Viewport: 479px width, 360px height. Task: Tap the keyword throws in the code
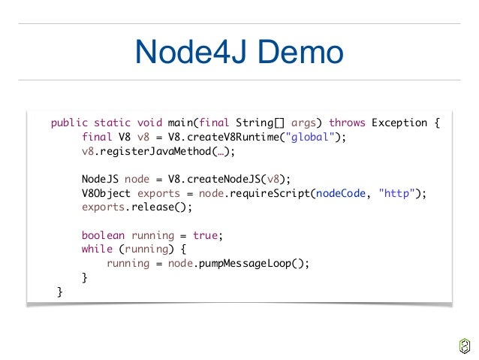click(347, 123)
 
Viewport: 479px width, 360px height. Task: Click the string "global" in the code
click(313, 137)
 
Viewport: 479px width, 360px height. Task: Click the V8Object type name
click(107, 193)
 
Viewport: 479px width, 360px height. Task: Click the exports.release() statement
click(137, 207)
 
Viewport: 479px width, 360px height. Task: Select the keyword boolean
click(104, 235)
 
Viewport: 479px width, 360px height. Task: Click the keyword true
click(207, 235)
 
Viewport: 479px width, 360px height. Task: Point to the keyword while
click(97, 250)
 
